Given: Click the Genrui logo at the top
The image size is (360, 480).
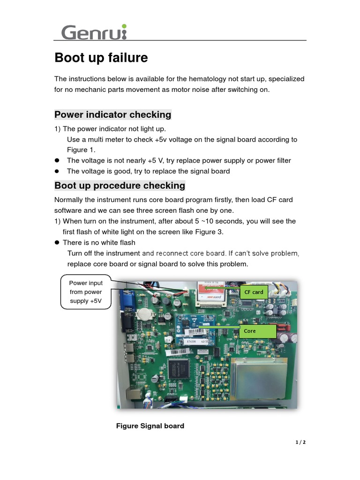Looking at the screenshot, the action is (94, 33).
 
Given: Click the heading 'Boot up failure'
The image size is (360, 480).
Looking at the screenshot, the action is (101, 58).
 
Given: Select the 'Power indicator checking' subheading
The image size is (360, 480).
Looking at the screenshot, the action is (112, 115).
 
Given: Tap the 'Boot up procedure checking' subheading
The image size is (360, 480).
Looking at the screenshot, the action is (120, 186).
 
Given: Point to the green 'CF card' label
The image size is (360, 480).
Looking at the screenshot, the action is (254, 292).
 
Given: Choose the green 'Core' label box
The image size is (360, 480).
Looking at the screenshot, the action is (259, 331).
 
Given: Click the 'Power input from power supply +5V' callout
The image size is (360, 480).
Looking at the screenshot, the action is (86, 292).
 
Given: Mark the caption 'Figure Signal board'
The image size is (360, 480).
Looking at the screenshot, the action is (150, 426).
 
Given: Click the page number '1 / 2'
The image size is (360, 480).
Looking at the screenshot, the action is (300, 442).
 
